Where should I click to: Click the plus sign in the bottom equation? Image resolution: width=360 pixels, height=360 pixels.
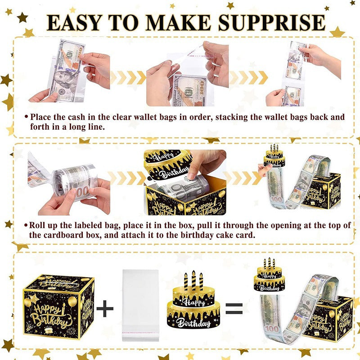click(x=105, y=308)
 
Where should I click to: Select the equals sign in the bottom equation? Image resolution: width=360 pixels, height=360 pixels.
click(x=234, y=308)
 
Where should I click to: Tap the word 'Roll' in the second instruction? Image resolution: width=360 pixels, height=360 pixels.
click(x=39, y=225)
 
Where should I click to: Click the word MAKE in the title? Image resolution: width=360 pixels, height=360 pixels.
click(x=190, y=23)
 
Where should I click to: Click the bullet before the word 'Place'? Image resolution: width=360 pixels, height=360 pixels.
click(x=27, y=117)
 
